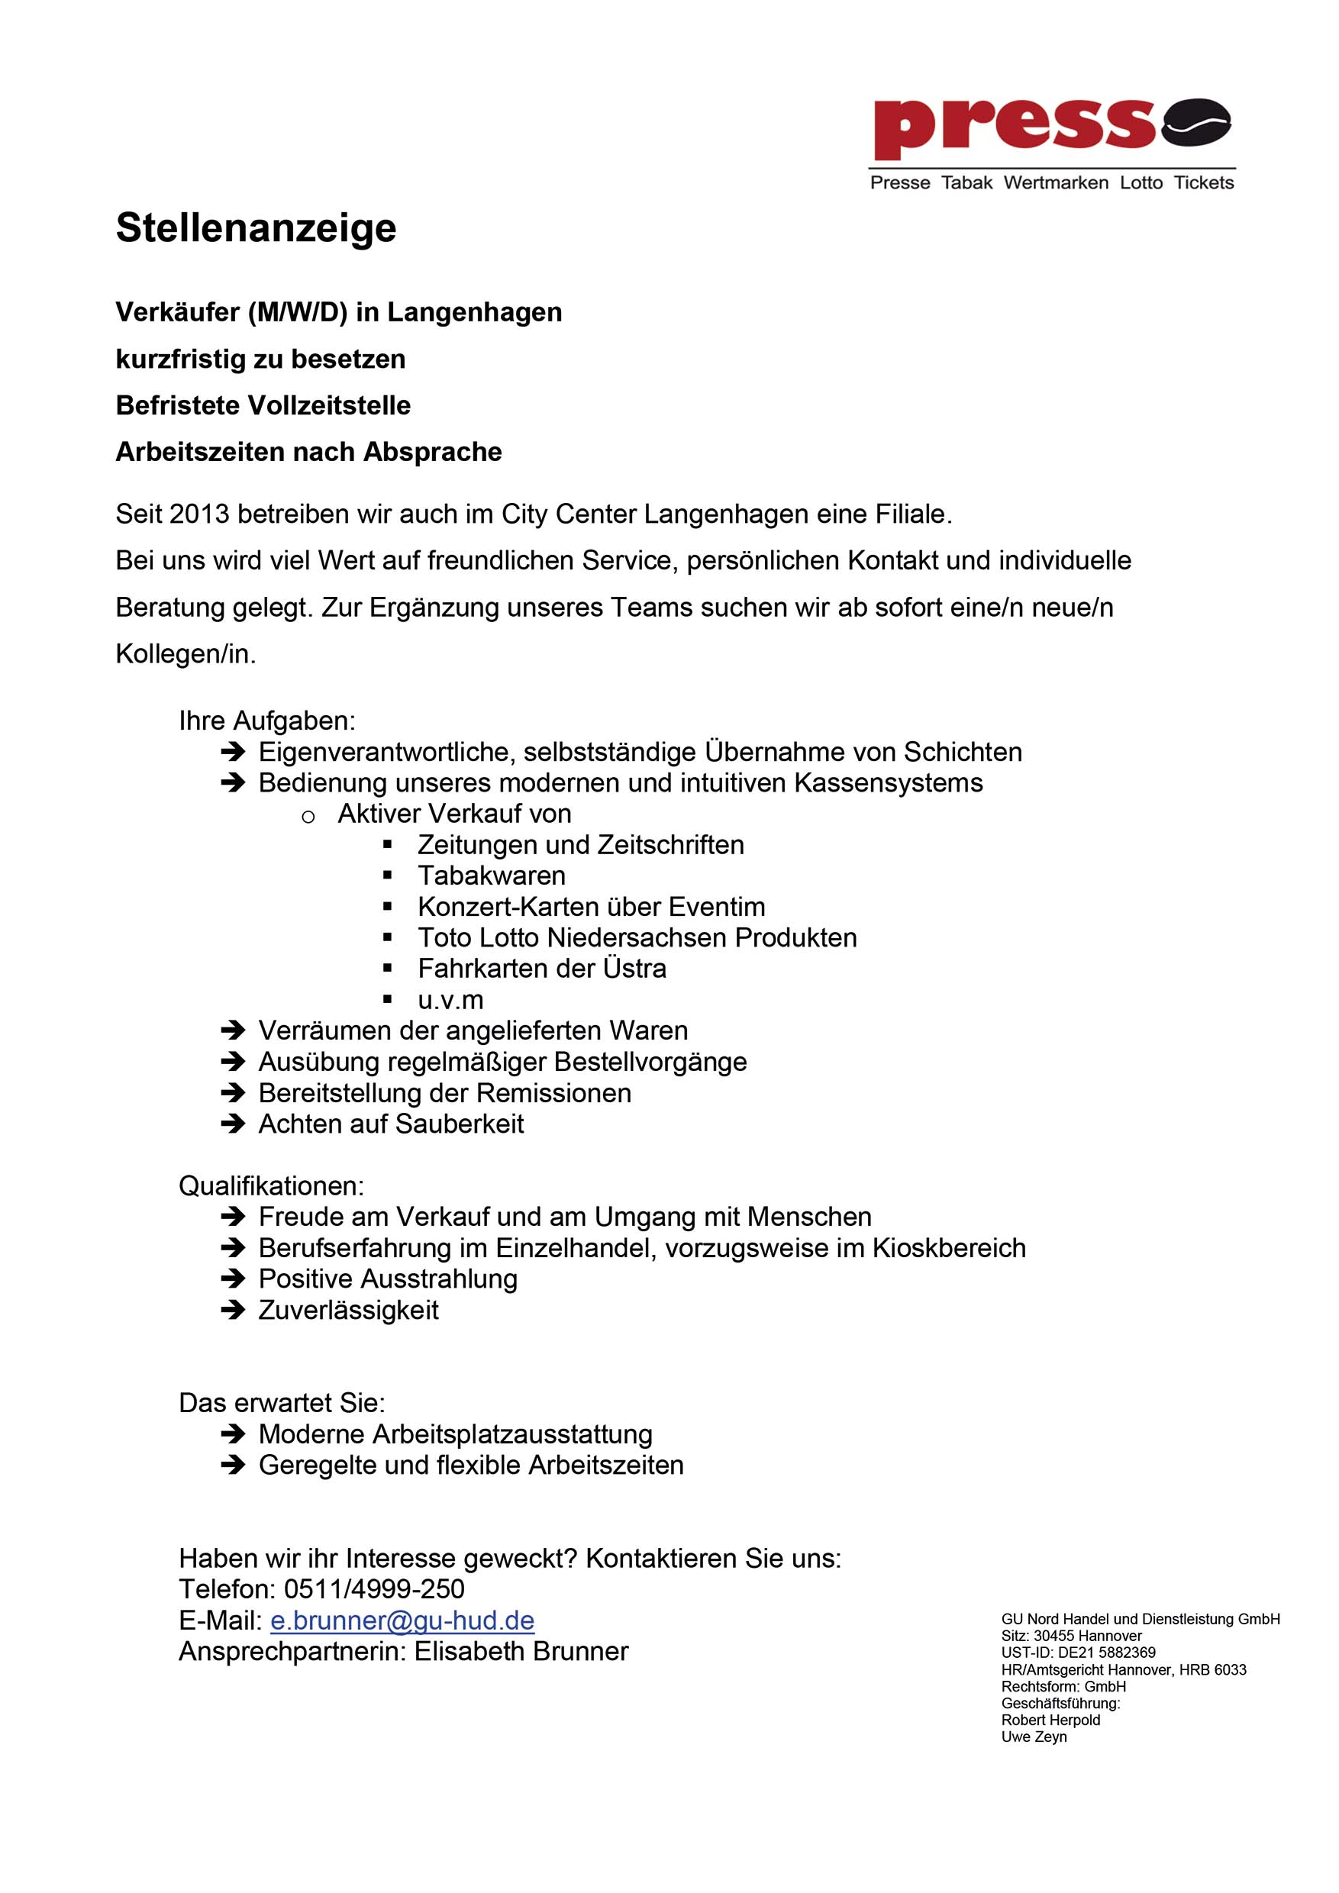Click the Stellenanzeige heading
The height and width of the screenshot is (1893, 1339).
point(256,228)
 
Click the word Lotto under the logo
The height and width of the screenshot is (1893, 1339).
point(1141,183)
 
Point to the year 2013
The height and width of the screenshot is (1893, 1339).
point(199,514)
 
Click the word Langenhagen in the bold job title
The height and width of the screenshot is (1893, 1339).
point(474,312)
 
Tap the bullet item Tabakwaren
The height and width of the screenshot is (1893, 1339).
point(492,876)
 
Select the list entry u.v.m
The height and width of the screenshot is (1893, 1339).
point(450,1000)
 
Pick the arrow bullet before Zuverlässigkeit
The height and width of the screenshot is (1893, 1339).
point(234,1310)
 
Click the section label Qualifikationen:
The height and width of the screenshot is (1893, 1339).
point(271,1186)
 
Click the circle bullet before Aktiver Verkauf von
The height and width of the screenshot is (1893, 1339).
point(308,816)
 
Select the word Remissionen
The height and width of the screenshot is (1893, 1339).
point(554,1093)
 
